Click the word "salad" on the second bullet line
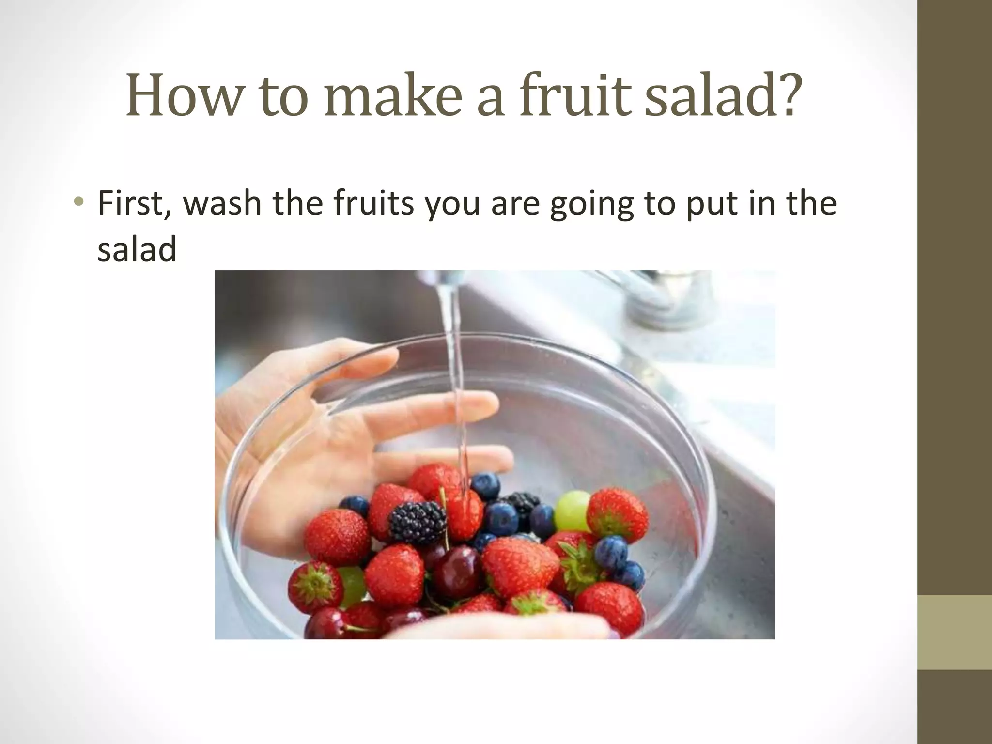pyautogui.click(x=137, y=250)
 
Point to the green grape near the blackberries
pyautogui.click(x=573, y=510)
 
